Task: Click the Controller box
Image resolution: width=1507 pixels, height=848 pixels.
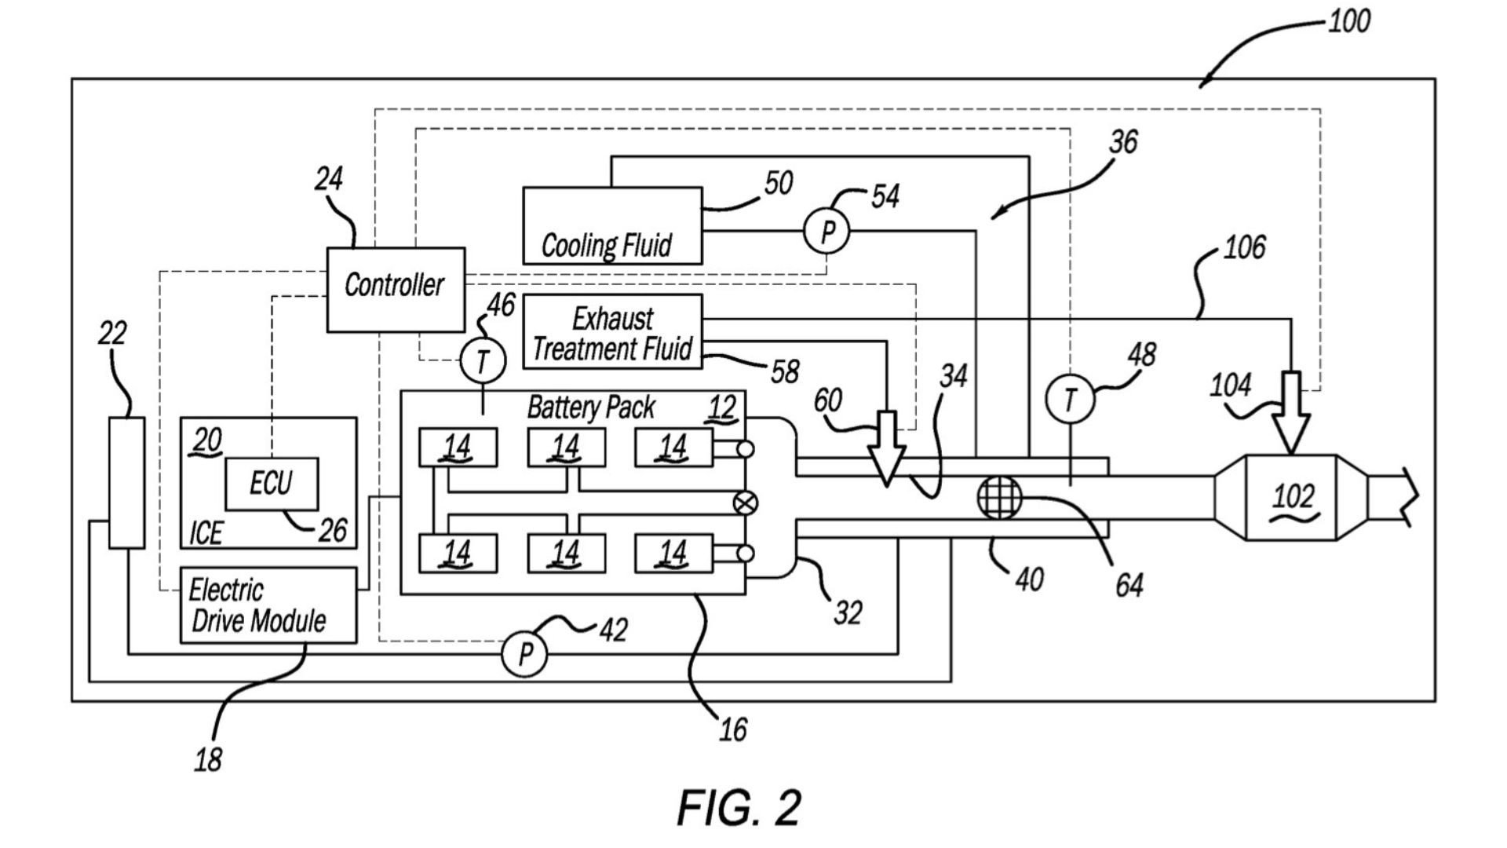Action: tap(396, 290)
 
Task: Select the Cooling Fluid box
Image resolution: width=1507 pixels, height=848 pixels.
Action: tap(612, 225)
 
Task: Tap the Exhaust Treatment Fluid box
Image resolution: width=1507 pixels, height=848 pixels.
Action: tap(612, 331)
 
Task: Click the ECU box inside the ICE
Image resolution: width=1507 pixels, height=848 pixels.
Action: tap(272, 484)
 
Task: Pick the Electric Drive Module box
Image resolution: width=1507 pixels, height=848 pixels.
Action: tap(268, 605)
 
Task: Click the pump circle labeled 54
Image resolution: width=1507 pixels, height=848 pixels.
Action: tap(826, 232)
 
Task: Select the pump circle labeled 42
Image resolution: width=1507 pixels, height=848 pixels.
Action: tap(524, 652)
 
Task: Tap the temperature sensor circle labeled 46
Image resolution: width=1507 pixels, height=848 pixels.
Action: tap(482, 360)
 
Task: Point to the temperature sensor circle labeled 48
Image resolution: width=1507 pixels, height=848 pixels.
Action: tap(1069, 400)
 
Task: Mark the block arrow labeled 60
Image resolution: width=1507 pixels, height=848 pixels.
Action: tap(887, 448)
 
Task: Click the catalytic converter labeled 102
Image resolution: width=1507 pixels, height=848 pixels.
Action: tap(1291, 497)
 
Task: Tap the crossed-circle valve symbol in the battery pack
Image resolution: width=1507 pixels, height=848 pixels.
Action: tap(744, 503)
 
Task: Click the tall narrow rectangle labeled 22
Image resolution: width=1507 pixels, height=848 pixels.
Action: tap(126, 483)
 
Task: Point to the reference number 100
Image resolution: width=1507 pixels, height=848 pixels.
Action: tap(1349, 21)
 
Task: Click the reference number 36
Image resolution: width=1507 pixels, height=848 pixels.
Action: tap(1123, 142)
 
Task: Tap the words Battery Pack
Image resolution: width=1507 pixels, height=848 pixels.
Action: tap(591, 408)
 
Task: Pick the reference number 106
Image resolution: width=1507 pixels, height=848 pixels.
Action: tap(1244, 248)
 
